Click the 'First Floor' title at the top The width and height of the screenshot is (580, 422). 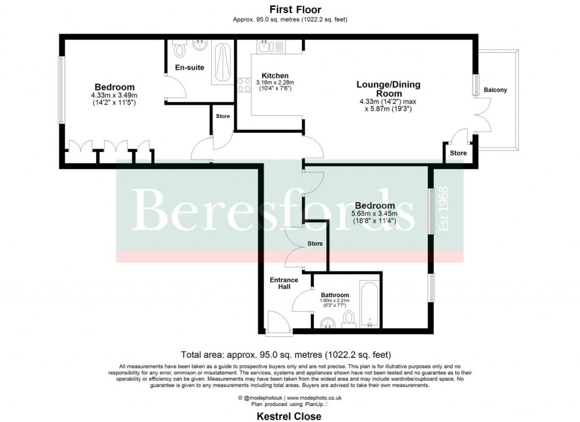pos(295,10)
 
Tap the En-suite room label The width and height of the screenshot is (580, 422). pos(189,67)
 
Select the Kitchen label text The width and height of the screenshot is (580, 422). pos(275,75)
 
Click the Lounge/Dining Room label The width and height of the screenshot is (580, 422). pos(388,89)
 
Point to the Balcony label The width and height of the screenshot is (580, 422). pos(496,90)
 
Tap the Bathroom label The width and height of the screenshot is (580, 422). pos(335,295)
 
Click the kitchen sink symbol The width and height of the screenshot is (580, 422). pos(265,46)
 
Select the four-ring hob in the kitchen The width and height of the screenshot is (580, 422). pos(244,85)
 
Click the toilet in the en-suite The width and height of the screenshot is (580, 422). pos(180,50)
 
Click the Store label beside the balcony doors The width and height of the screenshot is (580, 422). pos(458,153)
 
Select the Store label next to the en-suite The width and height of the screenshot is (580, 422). pos(223,117)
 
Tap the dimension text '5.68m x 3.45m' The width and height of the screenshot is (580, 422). pos(374,213)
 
